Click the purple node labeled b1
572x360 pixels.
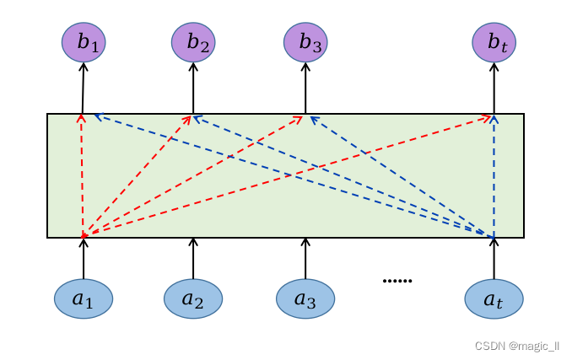pos(84,42)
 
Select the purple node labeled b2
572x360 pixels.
pos(193,42)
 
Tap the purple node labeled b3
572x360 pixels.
pos(305,42)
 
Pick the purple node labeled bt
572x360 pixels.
pos(494,42)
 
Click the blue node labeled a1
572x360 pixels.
pos(84,298)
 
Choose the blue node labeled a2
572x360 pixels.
pos(193,298)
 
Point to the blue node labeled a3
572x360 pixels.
pos(305,298)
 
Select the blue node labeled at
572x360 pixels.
pos(494,298)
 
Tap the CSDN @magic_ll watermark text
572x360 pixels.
pos(516,346)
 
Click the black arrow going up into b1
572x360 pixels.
pos(83,88)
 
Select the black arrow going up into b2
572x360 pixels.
pos(193,88)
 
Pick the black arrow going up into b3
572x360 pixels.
pos(305,88)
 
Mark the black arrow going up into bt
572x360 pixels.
pos(494,88)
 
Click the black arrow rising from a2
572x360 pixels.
pos(193,258)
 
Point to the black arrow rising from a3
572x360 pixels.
pos(305,258)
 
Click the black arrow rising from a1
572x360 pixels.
pos(84,258)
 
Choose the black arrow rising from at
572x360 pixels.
pos(494,258)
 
